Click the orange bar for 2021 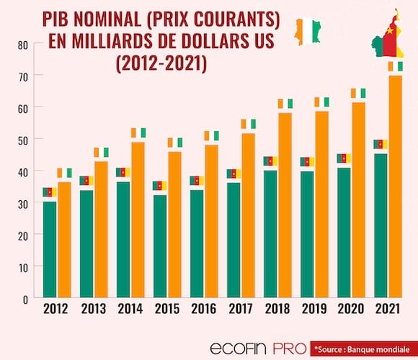coord(396,186)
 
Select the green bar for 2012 coord(50,250)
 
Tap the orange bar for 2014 coord(138,220)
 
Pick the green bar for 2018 coord(270,234)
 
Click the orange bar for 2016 coord(211,221)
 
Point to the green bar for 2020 coord(344,233)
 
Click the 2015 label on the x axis coord(167,309)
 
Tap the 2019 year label coord(314,309)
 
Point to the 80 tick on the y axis coord(23,45)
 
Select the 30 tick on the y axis coord(23,204)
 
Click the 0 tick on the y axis coord(25,300)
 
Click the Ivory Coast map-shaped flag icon coord(308,32)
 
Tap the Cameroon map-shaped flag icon coord(387,33)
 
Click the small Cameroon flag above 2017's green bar coord(234,174)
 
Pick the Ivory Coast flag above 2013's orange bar coord(102,153)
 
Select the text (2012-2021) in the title coord(161,63)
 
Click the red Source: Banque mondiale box coord(364,348)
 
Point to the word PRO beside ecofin coord(290,348)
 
